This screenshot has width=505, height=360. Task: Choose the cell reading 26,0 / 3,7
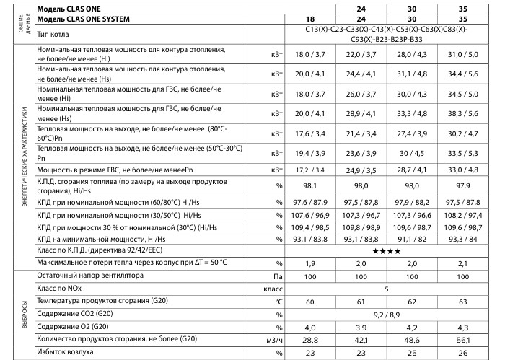point(361,94)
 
